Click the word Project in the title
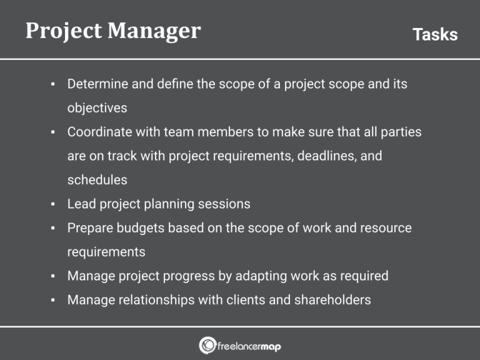pos(60,31)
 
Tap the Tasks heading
pos(435,34)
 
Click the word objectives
pos(97,108)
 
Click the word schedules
pos(97,180)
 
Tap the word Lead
pos(81,204)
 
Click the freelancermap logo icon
pos(207,344)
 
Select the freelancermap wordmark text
pos(249,345)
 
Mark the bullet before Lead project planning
pos(54,204)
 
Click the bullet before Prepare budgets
pos(54,228)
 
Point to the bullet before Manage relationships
pos(54,301)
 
